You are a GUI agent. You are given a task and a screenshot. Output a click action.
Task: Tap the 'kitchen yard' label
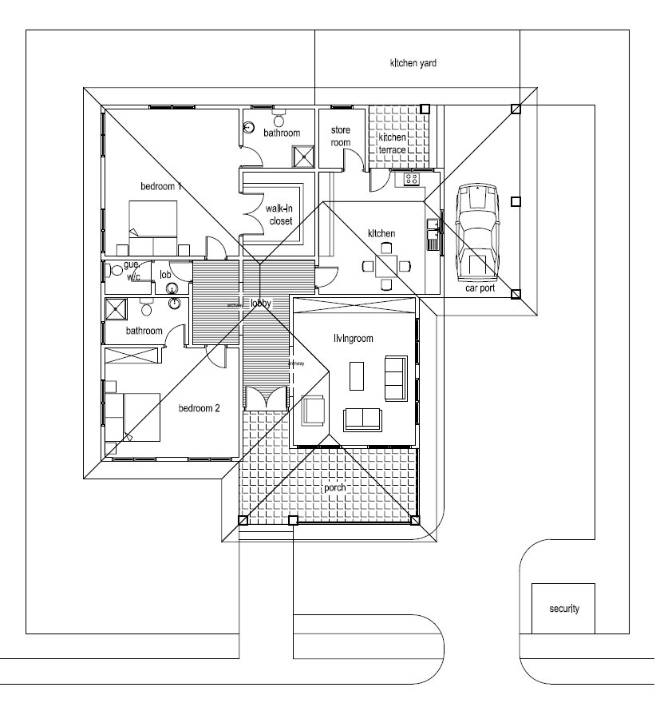[413, 62]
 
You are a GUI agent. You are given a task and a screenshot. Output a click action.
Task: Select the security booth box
[563, 608]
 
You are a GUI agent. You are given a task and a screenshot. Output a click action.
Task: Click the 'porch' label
[335, 487]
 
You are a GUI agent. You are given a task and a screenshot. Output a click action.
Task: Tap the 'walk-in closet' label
[280, 215]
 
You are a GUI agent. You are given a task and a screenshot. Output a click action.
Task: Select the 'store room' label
[340, 137]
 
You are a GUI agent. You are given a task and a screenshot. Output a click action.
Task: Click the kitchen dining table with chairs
[386, 265]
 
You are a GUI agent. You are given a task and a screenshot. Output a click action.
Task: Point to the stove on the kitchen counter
[412, 178]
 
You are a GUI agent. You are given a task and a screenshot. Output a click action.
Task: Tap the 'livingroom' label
[354, 339]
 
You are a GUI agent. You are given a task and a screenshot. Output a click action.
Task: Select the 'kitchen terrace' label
[392, 144]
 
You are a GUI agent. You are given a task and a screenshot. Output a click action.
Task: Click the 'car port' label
[480, 289]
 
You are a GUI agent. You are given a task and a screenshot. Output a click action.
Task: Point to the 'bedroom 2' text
[199, 408]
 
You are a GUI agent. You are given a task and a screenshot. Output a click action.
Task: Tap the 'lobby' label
[261, 304]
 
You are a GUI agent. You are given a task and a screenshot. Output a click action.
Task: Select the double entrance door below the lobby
[265, 398]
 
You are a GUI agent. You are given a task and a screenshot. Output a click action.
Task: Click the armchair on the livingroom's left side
[313, 411]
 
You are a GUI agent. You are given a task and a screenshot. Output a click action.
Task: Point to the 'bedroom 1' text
[161, 186]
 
